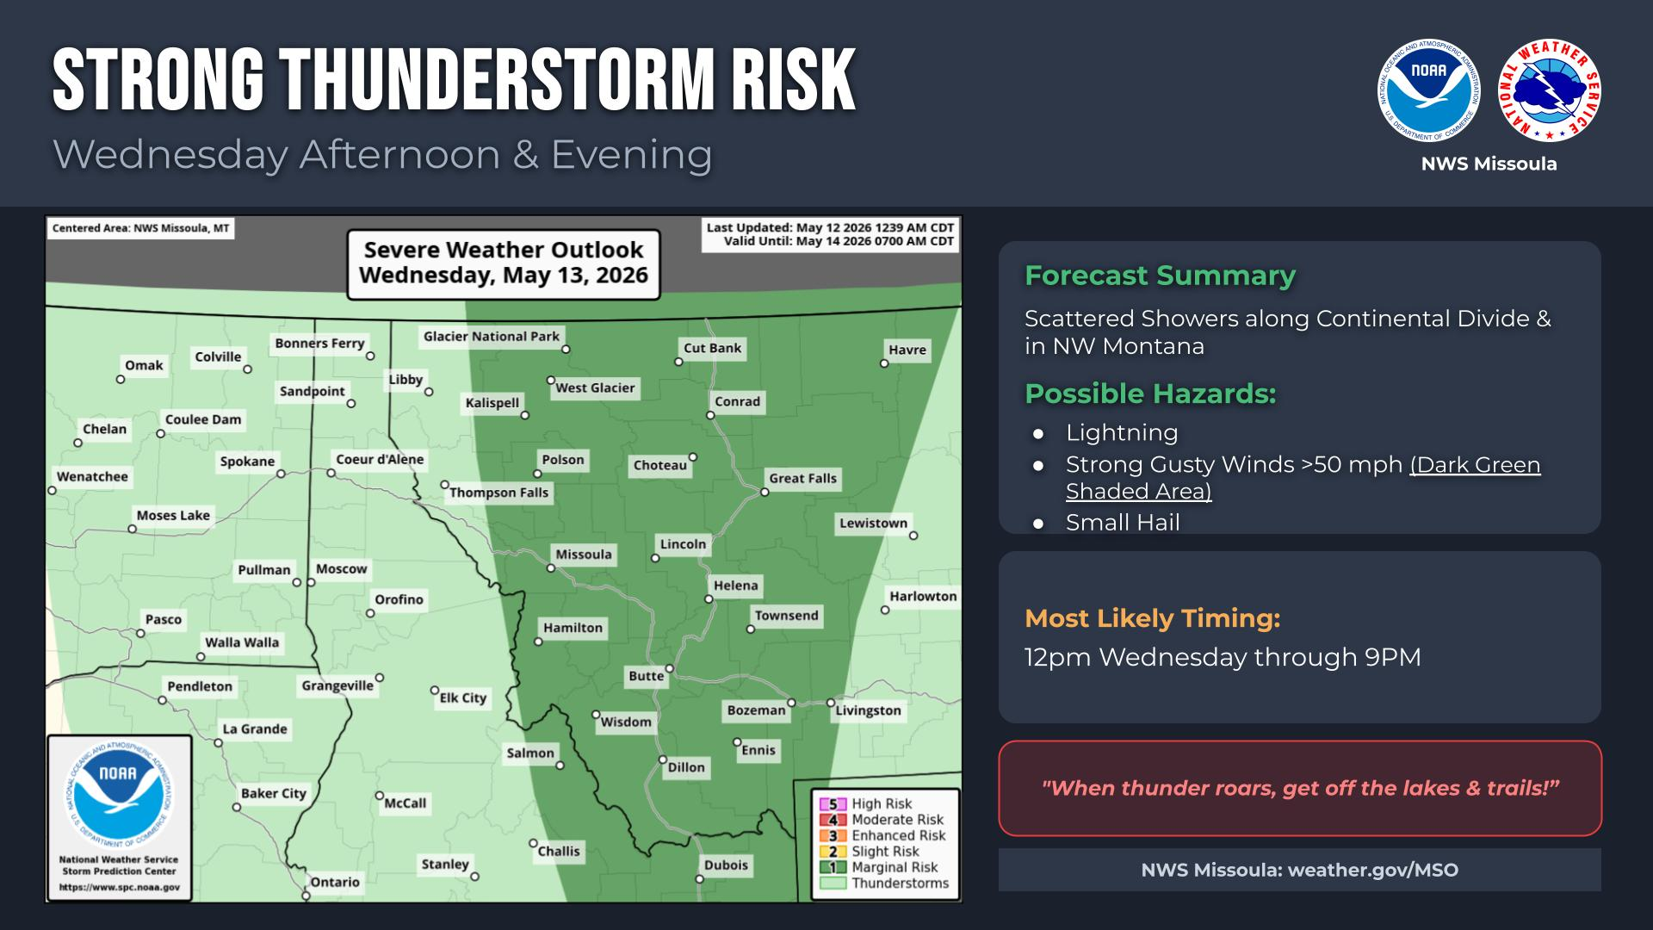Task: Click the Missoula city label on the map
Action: click(584, 555)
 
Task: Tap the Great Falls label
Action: click(802, 479)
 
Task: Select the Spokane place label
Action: click(247, 462)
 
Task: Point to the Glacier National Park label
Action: click(492, 337)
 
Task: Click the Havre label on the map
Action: click(907, 350)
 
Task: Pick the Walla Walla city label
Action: click(242, 642)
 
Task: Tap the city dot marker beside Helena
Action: click(709, 598)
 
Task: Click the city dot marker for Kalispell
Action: click(524, 416)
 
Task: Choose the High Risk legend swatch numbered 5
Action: click(833, 804)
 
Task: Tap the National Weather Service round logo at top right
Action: click(1550, 90)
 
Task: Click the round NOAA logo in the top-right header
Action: click(1429, 90)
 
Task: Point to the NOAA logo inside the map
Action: click(118, 794)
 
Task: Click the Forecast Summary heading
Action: click(1160, 276)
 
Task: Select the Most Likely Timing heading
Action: click(1152, 618)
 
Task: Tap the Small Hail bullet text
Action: click(1123, 522)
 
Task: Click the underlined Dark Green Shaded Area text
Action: click(1303, 478)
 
